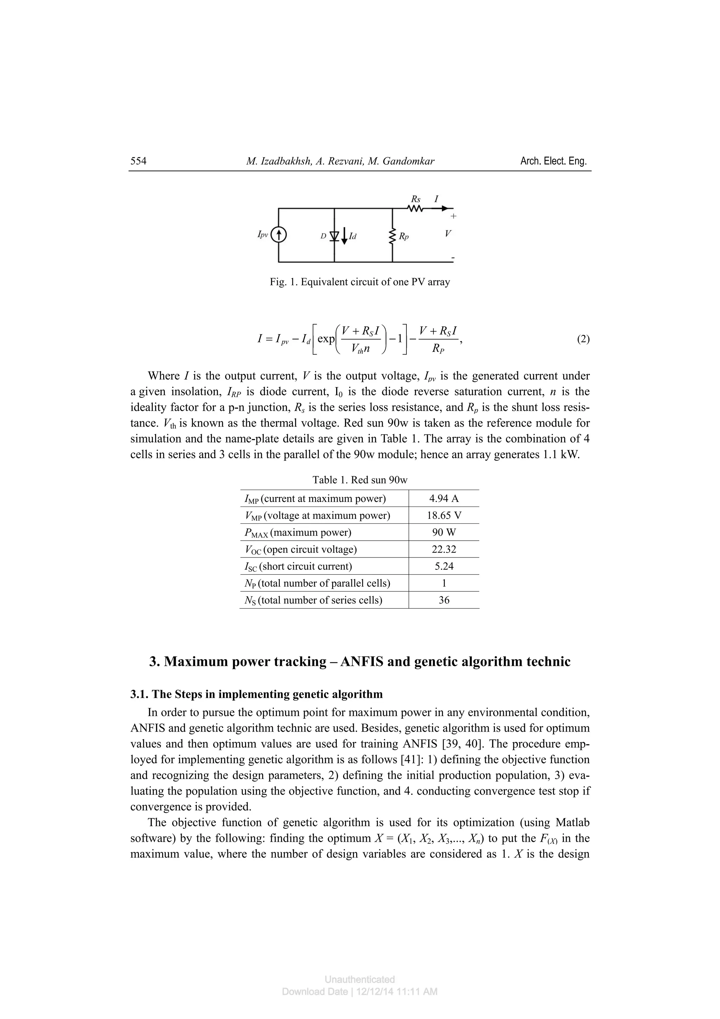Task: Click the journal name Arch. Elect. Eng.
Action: pos(553,161)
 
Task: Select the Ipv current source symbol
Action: pos(278,235)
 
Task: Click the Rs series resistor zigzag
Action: pos(415,208)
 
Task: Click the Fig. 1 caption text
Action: pos(360,282)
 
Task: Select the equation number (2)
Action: pos(583,339)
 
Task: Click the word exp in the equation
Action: pos(326,339)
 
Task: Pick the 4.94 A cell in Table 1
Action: pos(444,498)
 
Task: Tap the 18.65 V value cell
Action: pos(444,515)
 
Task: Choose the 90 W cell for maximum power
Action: pos(444,532)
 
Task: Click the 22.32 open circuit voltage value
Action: pos(444,549)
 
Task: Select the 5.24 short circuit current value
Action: pos(444,566)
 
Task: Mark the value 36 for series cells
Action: pos(444,600)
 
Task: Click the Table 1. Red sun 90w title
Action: pos(360,480)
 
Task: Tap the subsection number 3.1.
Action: pos(139,694)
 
